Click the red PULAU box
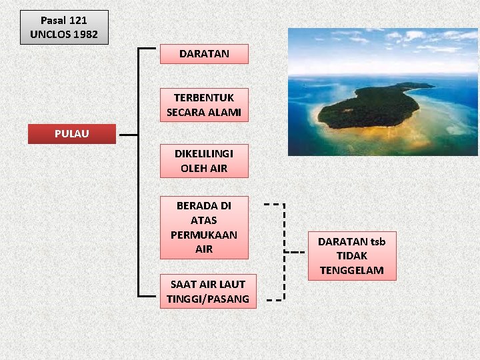coord(71,134)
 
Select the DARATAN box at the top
coord(204,54)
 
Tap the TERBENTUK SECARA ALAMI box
coord(204,105)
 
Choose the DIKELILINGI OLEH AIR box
coord(204,161)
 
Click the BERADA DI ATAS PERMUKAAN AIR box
coord(204,227)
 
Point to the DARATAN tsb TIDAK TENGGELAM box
coord(351,256)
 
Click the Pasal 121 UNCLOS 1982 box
coord(64,27)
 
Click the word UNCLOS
coord(51,34)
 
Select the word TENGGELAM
coord(351,270)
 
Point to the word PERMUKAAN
coord(204,235)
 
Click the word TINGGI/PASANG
coord(208,299)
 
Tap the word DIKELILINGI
coord(204,153)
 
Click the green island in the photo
coord(373,107)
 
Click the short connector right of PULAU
coord(127,134)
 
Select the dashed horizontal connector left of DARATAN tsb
coord(294,253)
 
